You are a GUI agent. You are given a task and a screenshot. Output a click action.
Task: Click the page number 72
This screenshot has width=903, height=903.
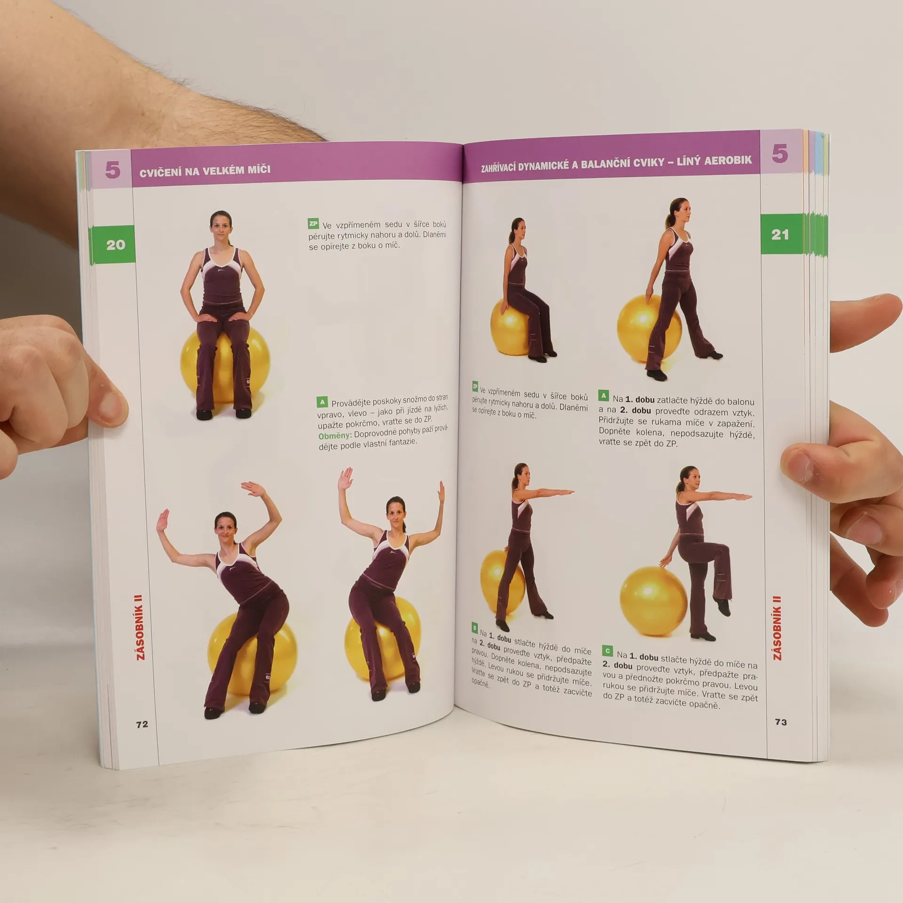pos(142,724)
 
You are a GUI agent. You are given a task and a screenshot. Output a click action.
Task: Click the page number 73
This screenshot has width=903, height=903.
pos(781,722)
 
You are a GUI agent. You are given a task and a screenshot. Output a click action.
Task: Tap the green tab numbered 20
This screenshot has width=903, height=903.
pos(115,245)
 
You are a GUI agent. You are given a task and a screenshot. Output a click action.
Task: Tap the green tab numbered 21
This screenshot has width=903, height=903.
pos(780,234)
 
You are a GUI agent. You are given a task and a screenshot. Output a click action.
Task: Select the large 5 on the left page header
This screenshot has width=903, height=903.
pos(112,169)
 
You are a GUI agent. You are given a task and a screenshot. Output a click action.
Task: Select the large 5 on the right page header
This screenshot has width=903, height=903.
pos(779,153)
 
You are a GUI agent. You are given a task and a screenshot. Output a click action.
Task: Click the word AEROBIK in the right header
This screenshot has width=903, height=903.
pos(729,160)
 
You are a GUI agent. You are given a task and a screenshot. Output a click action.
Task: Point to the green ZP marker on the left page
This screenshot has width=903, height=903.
pos(313,223)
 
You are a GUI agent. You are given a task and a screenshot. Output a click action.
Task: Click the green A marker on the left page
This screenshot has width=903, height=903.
pos(322,402)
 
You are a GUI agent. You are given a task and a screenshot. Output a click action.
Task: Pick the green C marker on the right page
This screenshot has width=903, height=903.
pos(607,651)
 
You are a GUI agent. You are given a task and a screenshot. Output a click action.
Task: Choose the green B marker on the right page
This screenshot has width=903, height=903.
pos(475,627)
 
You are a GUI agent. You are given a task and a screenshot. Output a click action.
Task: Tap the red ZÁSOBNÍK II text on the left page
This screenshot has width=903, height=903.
pos(140,627)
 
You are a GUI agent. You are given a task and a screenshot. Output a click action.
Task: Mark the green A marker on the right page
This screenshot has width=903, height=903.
pos(604,396)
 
